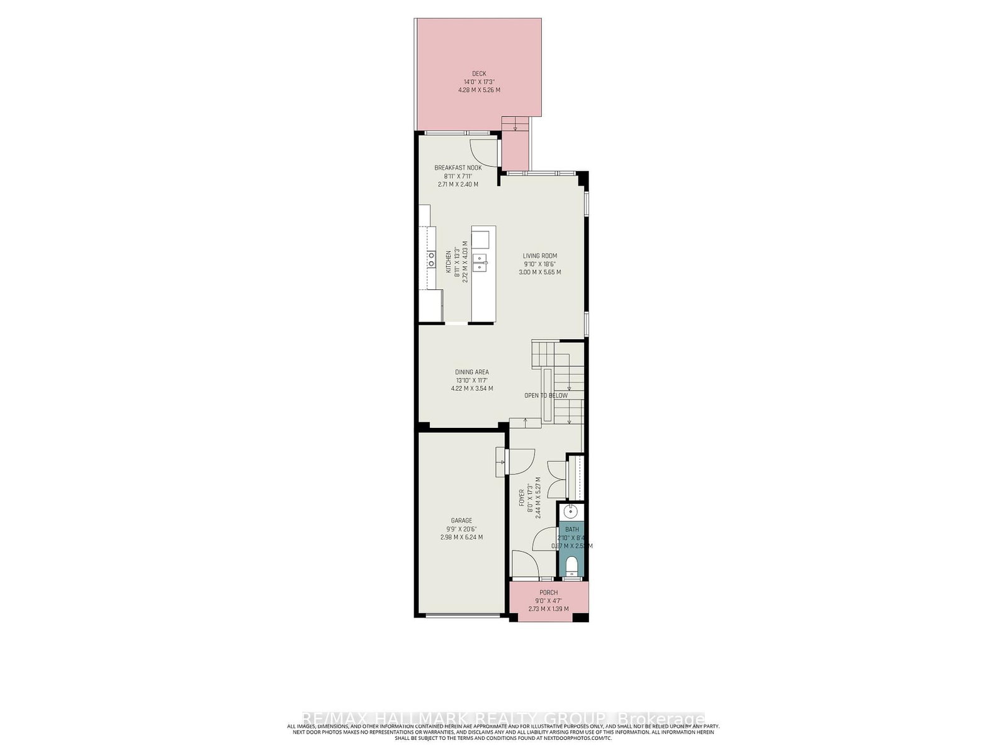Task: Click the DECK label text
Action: tap(479, 74)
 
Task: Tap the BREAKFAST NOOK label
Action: tap(458, 168)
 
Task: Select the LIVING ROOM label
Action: tap(539, 256)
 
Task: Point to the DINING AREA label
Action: tap(471, 372)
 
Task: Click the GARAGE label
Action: tap(461, 521)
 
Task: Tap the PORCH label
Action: tap(548, 593)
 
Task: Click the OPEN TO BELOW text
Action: tap(546, 396)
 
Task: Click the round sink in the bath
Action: tap(571, 511)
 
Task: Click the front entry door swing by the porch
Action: tap(524, 562)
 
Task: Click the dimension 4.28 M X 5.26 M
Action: tap(479, 90)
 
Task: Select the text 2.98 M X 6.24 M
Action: tap(461, 537)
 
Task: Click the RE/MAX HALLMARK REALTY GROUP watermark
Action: tap(503, 719)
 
